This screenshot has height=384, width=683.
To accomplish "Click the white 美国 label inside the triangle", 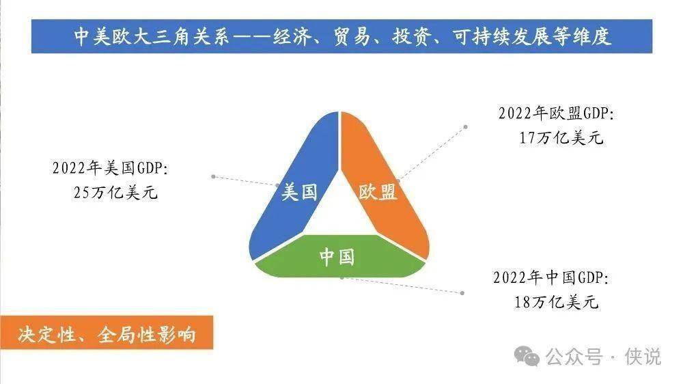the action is (299, 192).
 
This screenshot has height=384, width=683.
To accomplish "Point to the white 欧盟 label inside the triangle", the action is (378, 192).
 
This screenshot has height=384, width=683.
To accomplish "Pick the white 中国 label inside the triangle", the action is (337, 257).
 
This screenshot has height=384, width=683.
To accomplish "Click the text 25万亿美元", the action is (115, 192).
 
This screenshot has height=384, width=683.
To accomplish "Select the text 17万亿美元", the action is (561, 138).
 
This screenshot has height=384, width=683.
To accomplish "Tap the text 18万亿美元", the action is (556, 301).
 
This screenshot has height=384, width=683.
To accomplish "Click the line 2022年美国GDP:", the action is (110, 168).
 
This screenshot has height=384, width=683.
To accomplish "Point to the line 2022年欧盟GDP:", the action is (556, 113).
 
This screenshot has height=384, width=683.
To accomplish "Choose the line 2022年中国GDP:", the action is (551, 277).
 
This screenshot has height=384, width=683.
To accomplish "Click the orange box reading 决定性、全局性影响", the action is (107, 333).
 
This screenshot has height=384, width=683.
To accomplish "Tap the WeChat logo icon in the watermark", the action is (527, 357).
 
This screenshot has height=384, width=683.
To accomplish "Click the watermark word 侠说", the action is (643, 357).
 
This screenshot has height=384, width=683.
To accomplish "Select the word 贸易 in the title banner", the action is (352, 37).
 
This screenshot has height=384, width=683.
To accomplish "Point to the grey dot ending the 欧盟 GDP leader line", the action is (466, 127).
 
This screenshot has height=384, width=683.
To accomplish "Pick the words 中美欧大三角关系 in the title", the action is (152, 37).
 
